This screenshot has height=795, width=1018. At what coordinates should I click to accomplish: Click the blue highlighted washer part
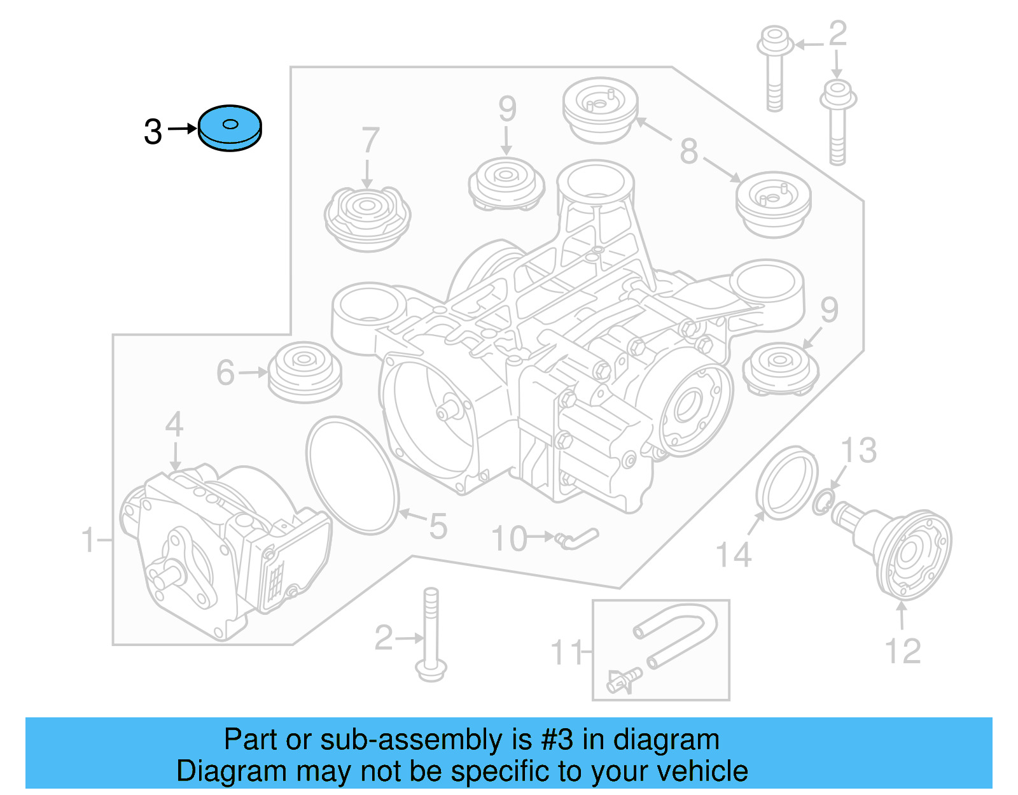(x=230, y=128)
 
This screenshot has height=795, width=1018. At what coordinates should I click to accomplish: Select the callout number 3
(x=153, y=132)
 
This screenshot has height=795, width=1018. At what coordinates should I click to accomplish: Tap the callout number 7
(x=370, y=141)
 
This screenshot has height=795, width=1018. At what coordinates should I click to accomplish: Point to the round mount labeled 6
(x=305, y=372)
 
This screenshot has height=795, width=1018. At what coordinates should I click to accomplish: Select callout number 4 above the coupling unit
(x=174, y=425)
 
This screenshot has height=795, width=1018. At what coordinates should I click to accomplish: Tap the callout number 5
(x=438, y=526)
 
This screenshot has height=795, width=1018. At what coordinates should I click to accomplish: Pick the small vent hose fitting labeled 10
(x=576, y=538)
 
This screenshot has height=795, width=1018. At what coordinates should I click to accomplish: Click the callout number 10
(x=510, y=539)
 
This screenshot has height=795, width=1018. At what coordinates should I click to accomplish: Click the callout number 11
(x=566, y=653)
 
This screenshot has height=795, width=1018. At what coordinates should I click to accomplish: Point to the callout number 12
(x=902, y=651)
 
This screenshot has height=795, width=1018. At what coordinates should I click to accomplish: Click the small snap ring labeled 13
(x=823, y=503)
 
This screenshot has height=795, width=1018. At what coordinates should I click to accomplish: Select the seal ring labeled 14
(x=786, y=482)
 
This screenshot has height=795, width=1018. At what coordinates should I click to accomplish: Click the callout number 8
(x=688, y=151)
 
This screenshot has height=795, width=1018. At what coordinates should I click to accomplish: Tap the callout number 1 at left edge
(x=88, y=540)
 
